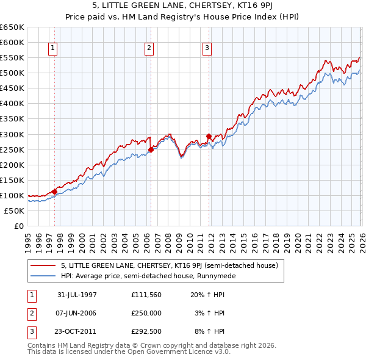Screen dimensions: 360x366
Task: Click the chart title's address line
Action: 182,6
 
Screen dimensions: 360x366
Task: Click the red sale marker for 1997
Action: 54,192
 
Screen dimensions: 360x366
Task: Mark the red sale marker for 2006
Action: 150,149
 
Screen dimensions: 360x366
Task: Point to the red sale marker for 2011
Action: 209,136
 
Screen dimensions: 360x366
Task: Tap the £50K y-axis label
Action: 14,211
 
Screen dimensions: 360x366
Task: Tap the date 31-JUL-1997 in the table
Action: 77,295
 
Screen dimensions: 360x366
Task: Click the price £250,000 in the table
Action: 146,312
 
